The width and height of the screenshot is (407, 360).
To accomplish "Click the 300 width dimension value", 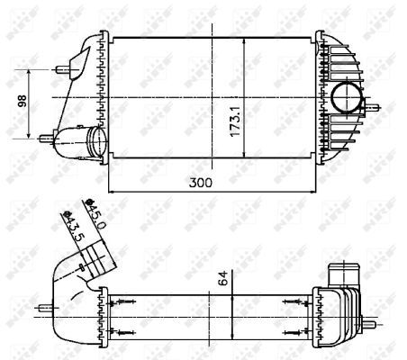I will tap(209, 183).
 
